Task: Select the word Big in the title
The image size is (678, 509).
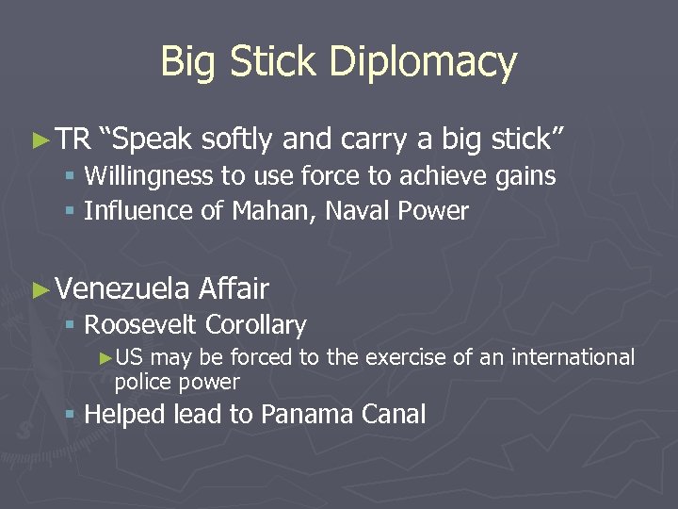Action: click(187, 62)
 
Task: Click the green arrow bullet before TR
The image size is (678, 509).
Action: click(39, 140)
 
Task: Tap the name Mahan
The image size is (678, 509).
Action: click(272, 211)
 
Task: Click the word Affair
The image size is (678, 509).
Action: click(234, 288)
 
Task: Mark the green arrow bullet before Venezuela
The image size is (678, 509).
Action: click(39, 289)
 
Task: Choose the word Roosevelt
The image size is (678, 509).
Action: click(141, 326)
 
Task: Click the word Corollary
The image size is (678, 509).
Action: click(256, 326)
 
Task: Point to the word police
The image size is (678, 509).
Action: click(141, 382)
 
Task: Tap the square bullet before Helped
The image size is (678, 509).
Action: click(70, 416)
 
